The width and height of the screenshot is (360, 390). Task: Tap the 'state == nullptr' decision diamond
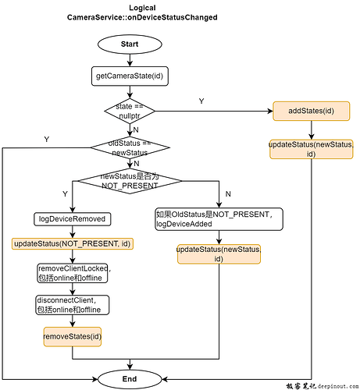coord(130,111)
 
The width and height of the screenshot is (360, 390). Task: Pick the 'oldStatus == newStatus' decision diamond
coord(130,147)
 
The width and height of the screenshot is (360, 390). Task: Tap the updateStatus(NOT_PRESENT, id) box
coord(73,243)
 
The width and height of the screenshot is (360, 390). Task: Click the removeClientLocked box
coord(73,273)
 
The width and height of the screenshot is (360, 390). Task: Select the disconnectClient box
coord(73,303)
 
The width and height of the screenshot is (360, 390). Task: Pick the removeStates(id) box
coord(73,337)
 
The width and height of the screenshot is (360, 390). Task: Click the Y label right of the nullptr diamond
coord(201,101)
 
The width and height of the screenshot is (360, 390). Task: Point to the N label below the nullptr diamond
coord(137,130)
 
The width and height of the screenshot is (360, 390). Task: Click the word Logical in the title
coord(130,7)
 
